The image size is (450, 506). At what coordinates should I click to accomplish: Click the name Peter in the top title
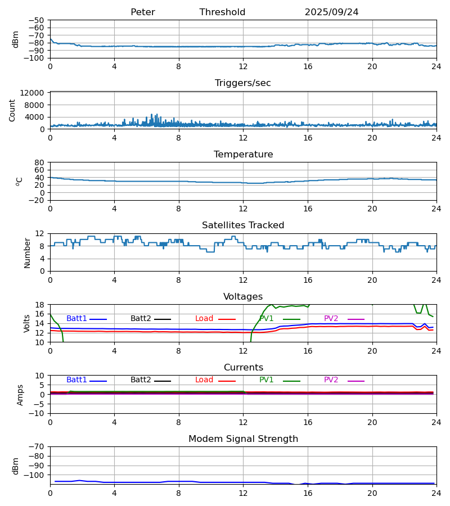click(x=142, y=12)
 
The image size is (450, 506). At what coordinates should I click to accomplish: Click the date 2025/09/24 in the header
click(x=331, y=12)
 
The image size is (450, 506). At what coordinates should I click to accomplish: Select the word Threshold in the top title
click(x=222, y=12)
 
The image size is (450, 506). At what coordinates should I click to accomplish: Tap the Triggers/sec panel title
click(x=242, y=83)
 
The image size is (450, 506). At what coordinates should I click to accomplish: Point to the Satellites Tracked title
click(x=242, y=225)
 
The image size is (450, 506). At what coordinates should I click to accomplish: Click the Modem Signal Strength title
click(x=242, y=439)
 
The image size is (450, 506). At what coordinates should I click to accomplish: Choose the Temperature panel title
click(x=242, y=155)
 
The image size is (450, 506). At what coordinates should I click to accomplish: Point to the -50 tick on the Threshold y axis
click(x=38, y=20)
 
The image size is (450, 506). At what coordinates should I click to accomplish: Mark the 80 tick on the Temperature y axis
click(x=39, y=162)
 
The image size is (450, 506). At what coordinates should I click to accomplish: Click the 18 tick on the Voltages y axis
click(x=40, y=305)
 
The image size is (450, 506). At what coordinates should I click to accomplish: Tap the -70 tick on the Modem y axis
click(x=38, y=447)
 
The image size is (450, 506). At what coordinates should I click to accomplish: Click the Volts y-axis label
click(x=26, y=323)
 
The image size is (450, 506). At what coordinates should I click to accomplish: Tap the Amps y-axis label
click(x=21, y=395)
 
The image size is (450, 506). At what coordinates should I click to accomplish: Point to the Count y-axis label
click(x=12, y=110)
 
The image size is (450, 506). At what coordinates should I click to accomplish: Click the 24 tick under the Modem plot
click(x=436, y=493)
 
